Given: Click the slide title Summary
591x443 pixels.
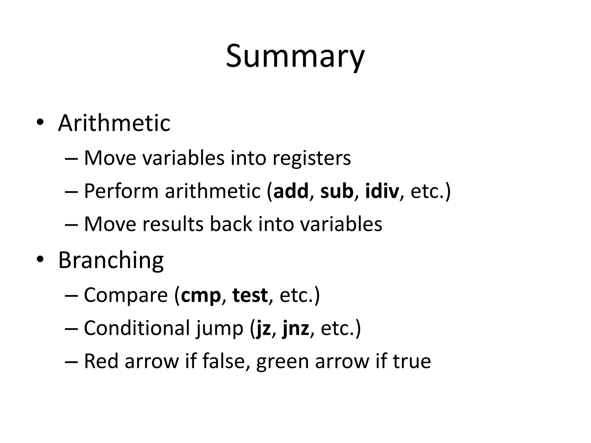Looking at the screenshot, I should pyautogui.click(x=295, y=56).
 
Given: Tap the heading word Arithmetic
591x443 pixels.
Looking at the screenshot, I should pyautogui.click(x=114, y=123).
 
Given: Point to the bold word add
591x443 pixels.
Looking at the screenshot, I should pyautogui.click(x=291, y=191).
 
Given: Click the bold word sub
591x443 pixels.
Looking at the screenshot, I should pyautogui.click(x=337, y=191).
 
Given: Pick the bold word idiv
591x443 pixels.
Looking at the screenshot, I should pyautogui.click(x=382, y=191).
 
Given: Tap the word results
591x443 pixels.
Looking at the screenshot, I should pyautogui.click(x=173, y=224).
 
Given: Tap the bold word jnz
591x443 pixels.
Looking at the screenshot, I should pyautogui.click(x=296, y=329).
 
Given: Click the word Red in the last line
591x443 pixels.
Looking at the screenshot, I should pyautogui.click(x=101, y=361).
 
